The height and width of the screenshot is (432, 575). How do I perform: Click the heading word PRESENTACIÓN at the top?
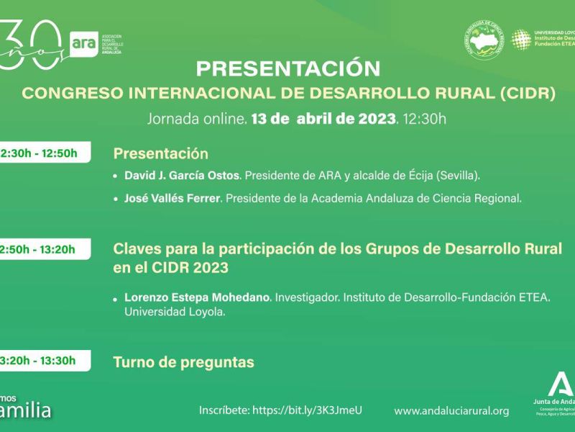click(287, 68)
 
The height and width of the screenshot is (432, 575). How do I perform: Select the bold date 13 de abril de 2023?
click(324, 118)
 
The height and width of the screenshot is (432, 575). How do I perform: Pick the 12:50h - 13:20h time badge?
click(43, 249)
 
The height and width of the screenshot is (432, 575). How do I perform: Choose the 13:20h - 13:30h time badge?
click(43, 361)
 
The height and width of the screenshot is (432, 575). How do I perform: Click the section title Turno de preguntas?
click(183, 362)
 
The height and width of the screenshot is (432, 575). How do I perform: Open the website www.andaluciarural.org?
click(452, 410)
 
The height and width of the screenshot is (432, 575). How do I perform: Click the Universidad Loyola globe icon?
click(520, 40)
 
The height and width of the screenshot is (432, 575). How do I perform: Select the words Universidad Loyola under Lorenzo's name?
click(175, 312)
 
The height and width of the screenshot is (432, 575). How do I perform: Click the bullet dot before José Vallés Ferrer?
click(116, 198)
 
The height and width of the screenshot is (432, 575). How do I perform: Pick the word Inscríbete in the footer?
click(224, 410)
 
